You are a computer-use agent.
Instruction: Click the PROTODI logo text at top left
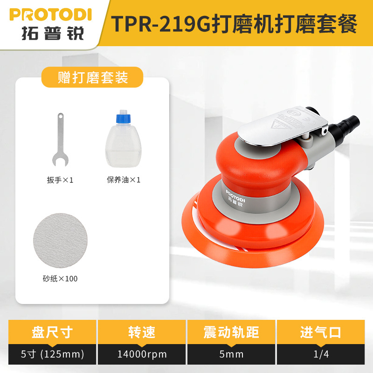point(50,14)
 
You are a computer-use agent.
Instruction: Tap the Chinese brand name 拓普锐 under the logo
point(50,33)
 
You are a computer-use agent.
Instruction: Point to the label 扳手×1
point(61,180)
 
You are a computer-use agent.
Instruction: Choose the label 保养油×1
point(124,180)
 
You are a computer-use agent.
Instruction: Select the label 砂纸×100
point(60,279)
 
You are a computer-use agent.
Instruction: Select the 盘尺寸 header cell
point(52,332)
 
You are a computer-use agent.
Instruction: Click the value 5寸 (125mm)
point(52,354)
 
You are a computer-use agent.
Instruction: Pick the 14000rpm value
point(142,354)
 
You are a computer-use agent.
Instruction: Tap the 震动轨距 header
point(231,332)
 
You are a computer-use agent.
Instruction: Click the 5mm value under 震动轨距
point(231,354)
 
